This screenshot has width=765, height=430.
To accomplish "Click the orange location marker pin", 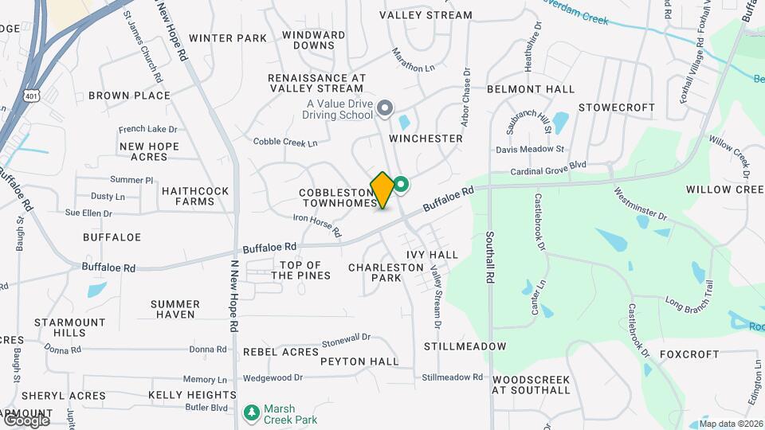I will point(382,190).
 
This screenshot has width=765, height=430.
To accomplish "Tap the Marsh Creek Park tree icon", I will point(253,412).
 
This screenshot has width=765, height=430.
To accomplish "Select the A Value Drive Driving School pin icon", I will point(386,107).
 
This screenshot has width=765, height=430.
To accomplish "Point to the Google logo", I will point(25,419).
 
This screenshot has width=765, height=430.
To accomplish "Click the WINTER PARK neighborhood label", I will point(228,37).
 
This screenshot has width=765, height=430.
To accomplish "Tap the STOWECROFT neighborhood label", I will point(617,107).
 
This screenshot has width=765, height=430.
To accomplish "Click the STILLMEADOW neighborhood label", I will point(465,346).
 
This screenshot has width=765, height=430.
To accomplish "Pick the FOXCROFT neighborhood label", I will point(690,354).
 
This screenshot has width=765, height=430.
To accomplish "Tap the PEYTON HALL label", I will point(359,362).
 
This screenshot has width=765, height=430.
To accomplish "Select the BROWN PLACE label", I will point(129,96).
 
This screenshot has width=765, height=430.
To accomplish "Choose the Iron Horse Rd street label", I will point(317,225).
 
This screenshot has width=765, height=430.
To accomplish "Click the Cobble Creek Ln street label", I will point(285,142).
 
